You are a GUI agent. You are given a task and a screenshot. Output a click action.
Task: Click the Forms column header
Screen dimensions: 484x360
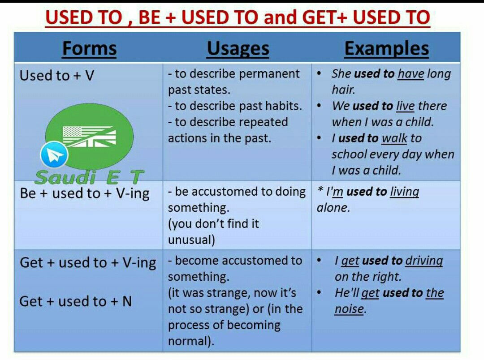pos(90,49)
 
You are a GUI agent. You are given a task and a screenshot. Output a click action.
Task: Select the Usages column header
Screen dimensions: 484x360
pos(238,49)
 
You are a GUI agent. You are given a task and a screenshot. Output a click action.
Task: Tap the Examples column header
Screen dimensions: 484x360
pos(386,49)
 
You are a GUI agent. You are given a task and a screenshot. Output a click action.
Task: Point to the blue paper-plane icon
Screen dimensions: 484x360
pos(54,154)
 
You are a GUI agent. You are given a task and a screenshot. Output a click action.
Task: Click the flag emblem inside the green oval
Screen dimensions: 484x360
pos(90,136)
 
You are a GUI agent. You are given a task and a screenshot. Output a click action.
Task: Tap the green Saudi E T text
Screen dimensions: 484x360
pos(89,177)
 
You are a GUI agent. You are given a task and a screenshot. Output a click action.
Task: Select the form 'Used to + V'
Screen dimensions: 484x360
pos(57,76)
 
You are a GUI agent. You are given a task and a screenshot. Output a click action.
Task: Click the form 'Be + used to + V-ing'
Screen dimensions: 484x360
pos(85,194)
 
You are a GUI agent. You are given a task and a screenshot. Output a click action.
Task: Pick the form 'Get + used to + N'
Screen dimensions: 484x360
pos(76,301)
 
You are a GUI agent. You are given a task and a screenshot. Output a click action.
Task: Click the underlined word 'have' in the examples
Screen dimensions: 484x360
pos(411,74)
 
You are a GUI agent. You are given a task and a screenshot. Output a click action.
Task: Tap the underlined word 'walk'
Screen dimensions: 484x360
pos(394,138)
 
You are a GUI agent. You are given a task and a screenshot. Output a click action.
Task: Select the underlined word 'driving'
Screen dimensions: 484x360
pos(424,261)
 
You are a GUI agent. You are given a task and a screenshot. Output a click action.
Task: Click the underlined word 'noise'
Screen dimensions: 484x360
pos(349,309)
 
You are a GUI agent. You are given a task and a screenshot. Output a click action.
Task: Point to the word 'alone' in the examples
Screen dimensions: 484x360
pos(332,208)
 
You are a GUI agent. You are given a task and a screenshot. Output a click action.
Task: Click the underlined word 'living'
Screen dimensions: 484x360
pos(404,192)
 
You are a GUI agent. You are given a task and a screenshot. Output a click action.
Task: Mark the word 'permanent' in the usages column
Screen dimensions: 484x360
pos(269,74)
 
